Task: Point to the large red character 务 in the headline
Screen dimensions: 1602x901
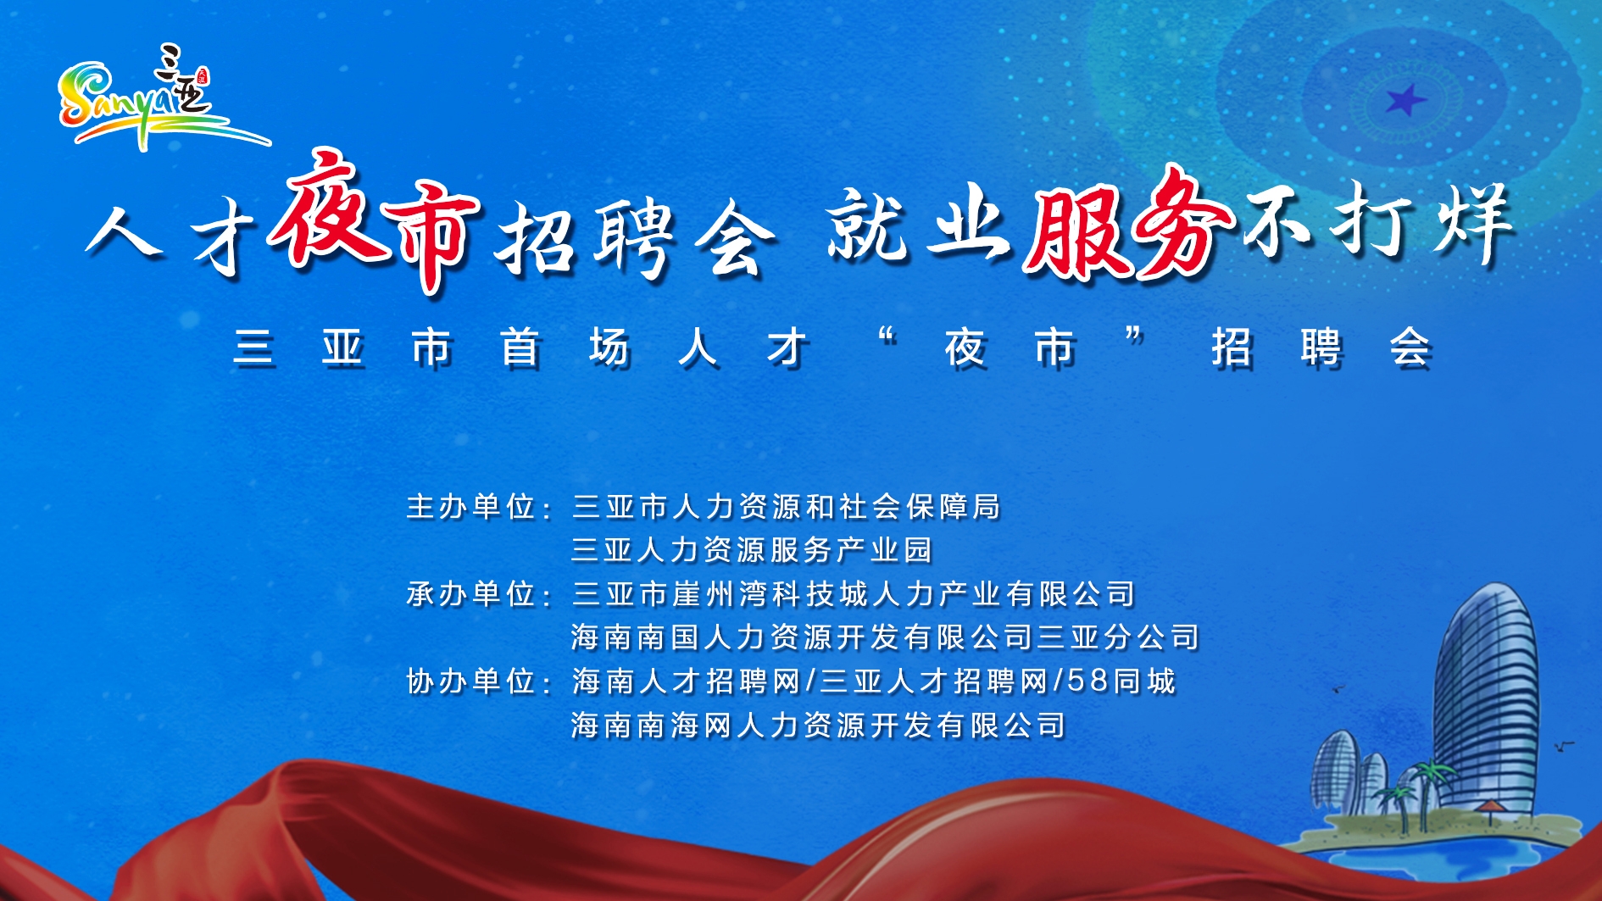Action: pos(1182,224)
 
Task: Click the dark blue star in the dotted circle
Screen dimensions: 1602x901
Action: pos(1405,101)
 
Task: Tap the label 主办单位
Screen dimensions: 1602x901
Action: pos(470,507)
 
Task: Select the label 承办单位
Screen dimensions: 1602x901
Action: pos(470,593)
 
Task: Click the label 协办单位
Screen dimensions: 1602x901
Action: pos(470,681)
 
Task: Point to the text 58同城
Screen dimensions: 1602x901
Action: pos(1121,681)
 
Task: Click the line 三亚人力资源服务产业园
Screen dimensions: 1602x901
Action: pos(752,550)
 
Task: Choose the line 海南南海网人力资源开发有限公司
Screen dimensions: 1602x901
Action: pos(819,725)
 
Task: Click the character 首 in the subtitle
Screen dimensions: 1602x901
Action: pos(520,348)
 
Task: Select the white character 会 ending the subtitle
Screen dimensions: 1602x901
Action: pos(1410,348)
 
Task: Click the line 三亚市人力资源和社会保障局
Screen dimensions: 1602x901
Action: pos(786,507)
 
